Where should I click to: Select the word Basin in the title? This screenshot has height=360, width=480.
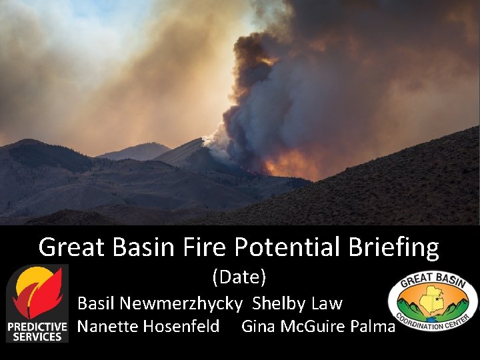coord(136,247)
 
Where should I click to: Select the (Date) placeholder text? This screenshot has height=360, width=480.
coord(239,275)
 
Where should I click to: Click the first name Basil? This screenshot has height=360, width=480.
coord(96,303)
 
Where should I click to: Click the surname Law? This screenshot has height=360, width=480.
coord(327,303)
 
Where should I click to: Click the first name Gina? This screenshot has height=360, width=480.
coord(256,326)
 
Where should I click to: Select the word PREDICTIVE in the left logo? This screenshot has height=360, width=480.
coord(37,327)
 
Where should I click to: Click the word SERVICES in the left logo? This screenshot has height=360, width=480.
coord(37,337)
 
